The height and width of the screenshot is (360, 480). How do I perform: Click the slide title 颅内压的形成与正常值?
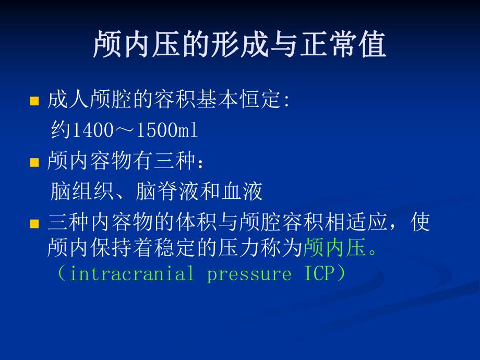pyautogui.click(x=239, y=45)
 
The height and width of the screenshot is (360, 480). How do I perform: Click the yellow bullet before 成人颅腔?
pyautogui.click(x=35, y=101)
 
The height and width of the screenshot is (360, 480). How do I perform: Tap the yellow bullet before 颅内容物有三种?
pyautogui.click(x=35, y=163)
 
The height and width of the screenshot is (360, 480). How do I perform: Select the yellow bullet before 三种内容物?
pyautogui.click(x=35, y=224)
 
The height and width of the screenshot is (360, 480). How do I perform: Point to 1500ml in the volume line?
pyautogui.click(x=167, y=131)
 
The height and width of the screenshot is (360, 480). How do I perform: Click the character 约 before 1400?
pyautogui.click(x=61, y=131)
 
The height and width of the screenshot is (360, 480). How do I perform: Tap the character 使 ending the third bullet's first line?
pyautogui.click(x=421, y=223)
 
